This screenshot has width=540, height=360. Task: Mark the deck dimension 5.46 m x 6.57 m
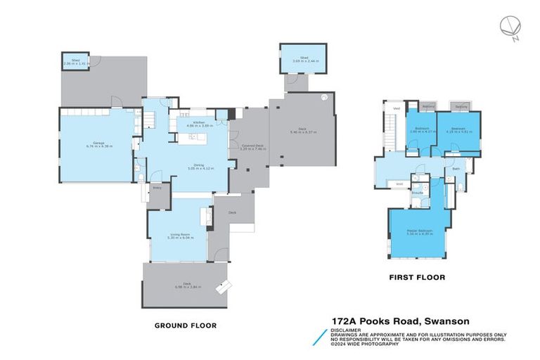(301, 131)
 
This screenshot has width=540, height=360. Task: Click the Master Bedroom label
(419, 232)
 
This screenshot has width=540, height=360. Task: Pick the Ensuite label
(417, 191)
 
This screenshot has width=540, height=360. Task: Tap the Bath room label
(456, 169)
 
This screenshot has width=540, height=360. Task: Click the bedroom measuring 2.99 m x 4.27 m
(422, 131)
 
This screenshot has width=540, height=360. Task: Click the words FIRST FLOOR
(418, 277)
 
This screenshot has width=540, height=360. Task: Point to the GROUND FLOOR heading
(185, 326)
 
